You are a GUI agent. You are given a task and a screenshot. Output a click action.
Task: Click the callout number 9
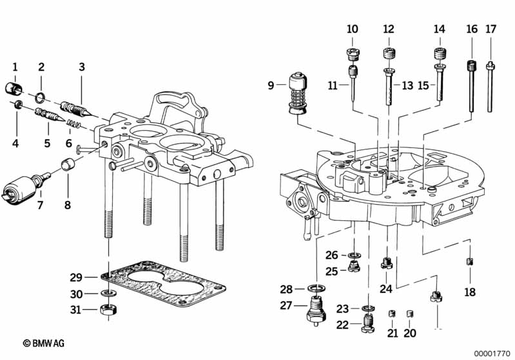pos(271,84)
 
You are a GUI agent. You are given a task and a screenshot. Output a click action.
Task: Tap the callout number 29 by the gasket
pos(76,278)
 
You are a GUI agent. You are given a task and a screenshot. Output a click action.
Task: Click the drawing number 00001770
pos(492,352)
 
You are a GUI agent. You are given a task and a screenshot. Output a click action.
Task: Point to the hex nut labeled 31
pos(109,309)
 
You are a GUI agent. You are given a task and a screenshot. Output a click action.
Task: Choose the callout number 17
pos(491,29)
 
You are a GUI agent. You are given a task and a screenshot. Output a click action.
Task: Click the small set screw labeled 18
pos(470,261)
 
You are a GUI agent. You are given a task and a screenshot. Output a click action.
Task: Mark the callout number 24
pos(386,289)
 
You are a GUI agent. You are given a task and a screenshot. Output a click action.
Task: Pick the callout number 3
pos(82,66)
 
